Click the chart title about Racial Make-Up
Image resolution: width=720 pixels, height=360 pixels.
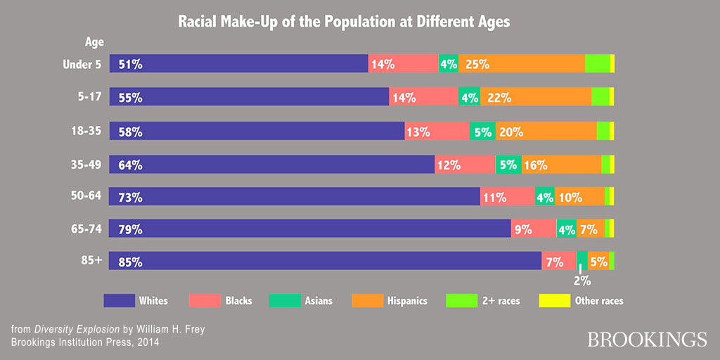[x=343, y=22]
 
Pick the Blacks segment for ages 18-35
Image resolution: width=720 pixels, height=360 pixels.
[x=437, y=131]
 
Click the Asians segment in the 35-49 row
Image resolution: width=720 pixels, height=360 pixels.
[x=508, y=165]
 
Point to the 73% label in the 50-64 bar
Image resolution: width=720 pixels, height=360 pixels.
[x=131, y=198]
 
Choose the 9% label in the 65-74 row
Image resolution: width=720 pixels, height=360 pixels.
[x=522, y=229]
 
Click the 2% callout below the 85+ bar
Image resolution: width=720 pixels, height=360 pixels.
[x=581, y=281]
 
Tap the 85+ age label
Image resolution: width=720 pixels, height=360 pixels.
[x=91, y=260]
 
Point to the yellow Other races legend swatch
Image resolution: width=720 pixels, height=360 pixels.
[x=553, y=301]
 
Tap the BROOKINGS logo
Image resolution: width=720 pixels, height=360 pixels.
[x=647, y=338]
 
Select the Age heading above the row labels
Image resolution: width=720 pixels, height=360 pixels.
[x=94, y=43]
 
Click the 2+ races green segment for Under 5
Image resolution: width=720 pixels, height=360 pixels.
[x=597, y=63]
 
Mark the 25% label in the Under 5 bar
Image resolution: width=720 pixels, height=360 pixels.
[x=477, y=64]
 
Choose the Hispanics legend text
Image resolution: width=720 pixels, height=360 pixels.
[x=406, y=301]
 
